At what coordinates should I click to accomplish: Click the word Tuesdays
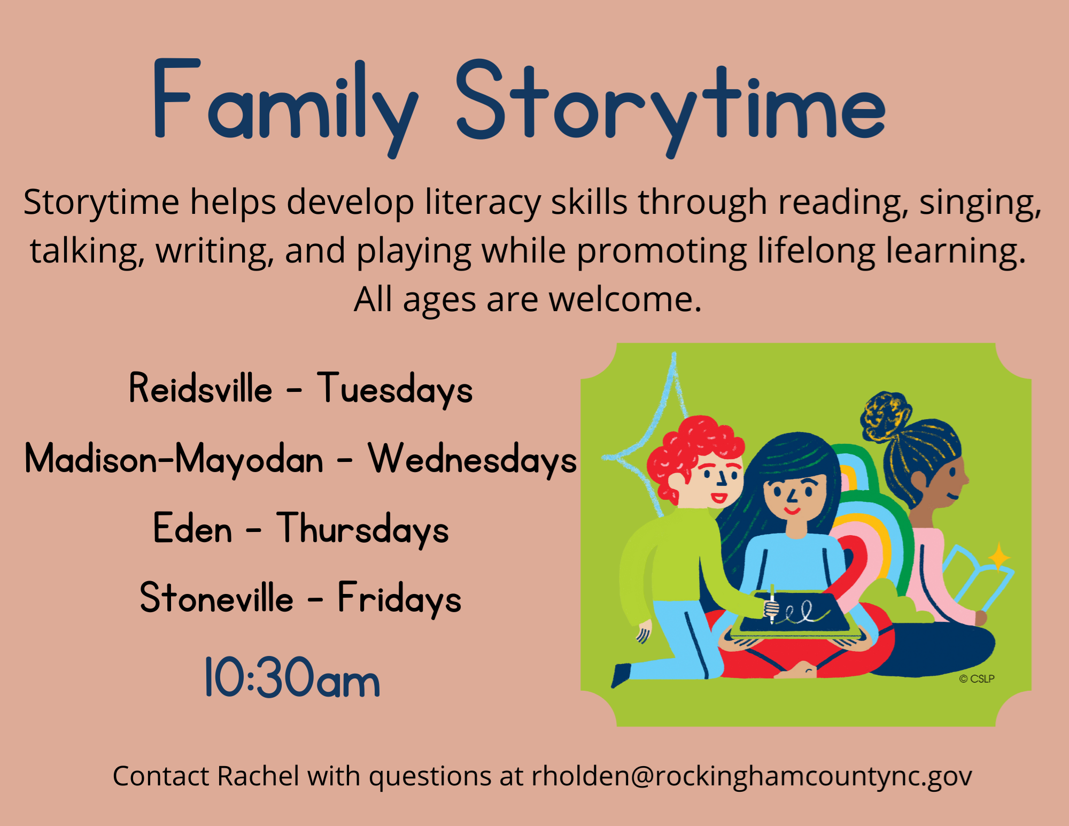tap(395, 389)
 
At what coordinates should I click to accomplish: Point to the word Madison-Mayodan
tap(174, 459)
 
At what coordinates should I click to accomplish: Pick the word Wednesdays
tap(472, 459)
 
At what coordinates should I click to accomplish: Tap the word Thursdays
tap(363, 529)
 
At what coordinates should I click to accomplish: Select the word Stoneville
tap(216, 597)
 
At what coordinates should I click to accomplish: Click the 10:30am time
tap(292, 678)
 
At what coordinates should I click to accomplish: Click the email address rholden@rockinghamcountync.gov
tap(752, 776)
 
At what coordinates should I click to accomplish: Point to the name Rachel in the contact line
tap(258, 776)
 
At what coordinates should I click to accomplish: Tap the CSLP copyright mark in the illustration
tap(977, 678)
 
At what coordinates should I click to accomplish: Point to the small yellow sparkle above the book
tap(998, 558)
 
